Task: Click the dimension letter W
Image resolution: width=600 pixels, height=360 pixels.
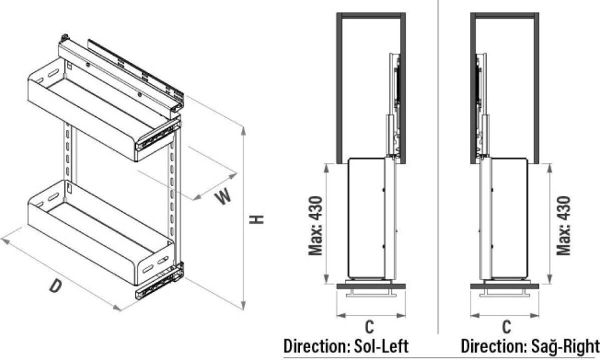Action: point(223,196)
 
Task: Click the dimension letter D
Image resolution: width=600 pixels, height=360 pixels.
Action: point(56,286)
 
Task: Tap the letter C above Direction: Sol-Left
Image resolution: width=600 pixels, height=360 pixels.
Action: point(370,326)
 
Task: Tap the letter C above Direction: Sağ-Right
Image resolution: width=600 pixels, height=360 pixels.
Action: point(506,326)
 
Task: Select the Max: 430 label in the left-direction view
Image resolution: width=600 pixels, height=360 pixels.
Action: point(317,226)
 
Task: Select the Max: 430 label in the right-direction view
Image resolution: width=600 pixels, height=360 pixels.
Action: point(564,226)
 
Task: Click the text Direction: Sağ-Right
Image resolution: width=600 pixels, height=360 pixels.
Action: point(530,346)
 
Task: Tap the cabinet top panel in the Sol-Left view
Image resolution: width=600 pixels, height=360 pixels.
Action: point(371,15)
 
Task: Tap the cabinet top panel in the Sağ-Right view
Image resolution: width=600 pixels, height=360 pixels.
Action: point(505,15)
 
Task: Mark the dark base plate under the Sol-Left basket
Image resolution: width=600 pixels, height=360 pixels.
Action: point(371,286)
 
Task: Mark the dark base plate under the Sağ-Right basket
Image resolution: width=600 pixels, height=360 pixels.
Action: point(505,286)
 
